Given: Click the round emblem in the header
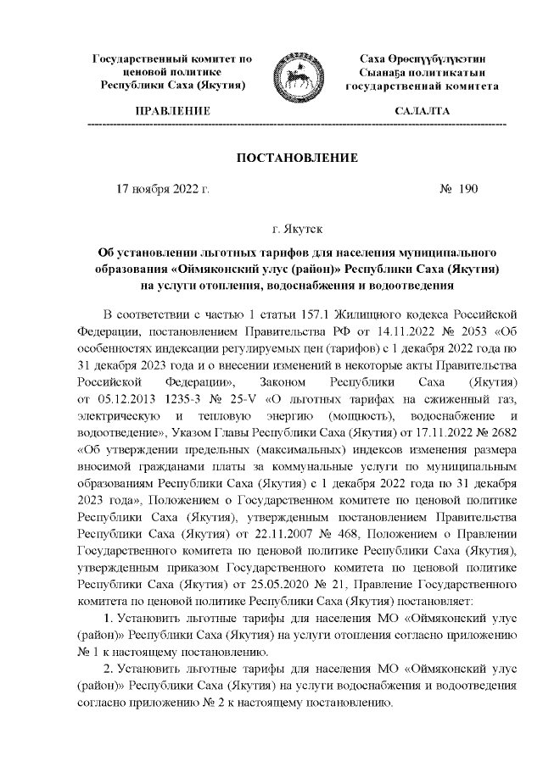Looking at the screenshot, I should coord(295,79).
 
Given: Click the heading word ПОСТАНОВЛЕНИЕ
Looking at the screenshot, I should coord(296,158).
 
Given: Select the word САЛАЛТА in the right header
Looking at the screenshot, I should coord(422,112).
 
